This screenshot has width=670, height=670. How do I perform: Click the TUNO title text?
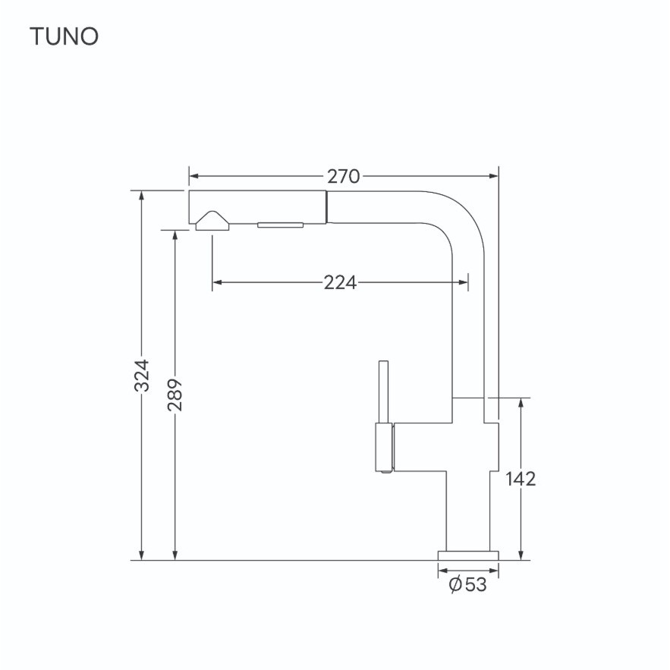click(x=64, y=36)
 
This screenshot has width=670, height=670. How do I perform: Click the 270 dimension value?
click(x=344, y=177)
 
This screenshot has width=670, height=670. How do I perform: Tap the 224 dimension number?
click(x=340, y=282)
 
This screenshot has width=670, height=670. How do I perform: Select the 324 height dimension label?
click(x=142, y=376)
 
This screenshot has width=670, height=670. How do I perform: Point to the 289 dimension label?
click(x=175, y=395)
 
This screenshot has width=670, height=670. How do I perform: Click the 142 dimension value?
click(x=521, y=479)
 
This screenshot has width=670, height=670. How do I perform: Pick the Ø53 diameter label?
click(x=468, y=584)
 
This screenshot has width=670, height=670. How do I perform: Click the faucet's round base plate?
click(x=468, y=555)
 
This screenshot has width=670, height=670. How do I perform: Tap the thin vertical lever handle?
click(x=384, y=392)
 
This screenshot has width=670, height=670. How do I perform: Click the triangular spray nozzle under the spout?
click(x=212, y=222)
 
